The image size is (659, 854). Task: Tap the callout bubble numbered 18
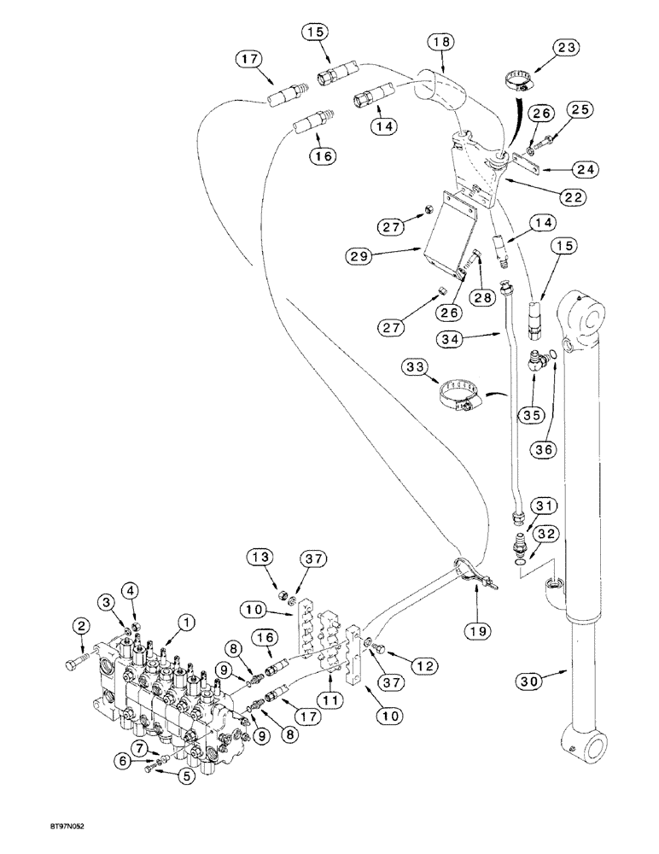[x=441, y=41]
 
